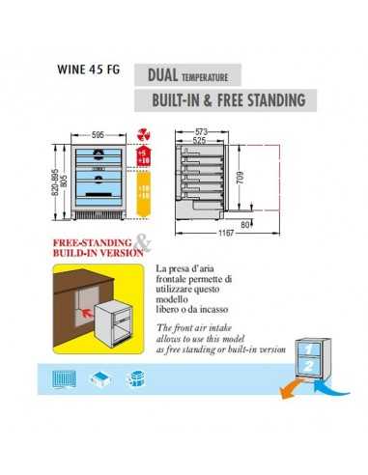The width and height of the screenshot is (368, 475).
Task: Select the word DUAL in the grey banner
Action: pos(165,74)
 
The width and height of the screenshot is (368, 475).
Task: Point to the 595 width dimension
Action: pos(98,136)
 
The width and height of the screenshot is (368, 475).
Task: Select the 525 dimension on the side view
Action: pos(200,140)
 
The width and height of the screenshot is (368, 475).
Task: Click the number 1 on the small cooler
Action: pos(305,347)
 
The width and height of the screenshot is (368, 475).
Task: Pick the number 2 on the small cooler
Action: pos(305,365)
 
